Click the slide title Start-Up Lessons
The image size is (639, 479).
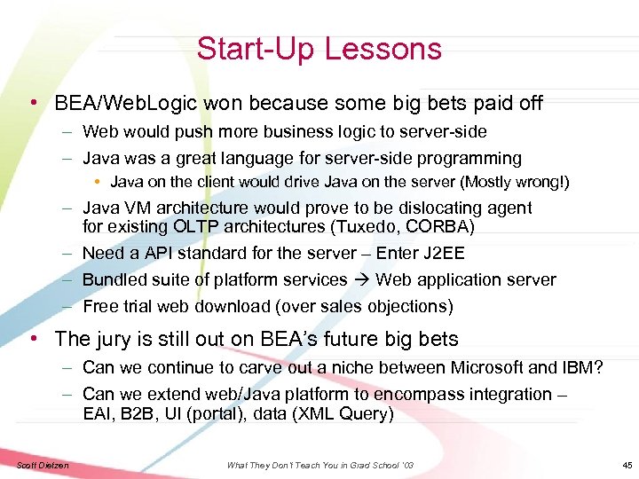[x=319, y=49]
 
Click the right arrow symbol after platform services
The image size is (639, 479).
[x=362, y=280]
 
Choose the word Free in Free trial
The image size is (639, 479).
[x=100, y=307]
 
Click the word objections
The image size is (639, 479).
[x=409, y=307]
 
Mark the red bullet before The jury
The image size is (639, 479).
[x=34, y=339]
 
